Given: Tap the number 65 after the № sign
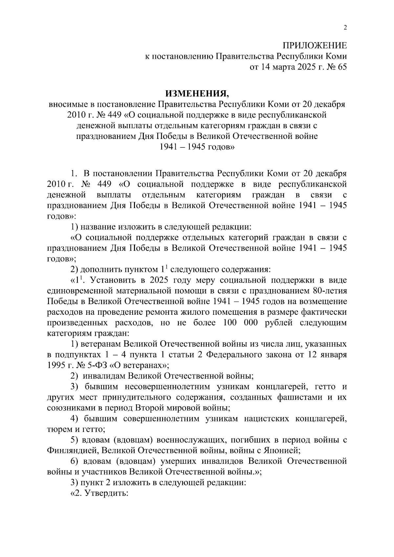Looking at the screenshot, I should [341, 67].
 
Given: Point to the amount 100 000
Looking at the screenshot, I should [240, 323].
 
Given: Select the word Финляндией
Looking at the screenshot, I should [70, 450].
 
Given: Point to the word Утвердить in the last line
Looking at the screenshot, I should [106, 493].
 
